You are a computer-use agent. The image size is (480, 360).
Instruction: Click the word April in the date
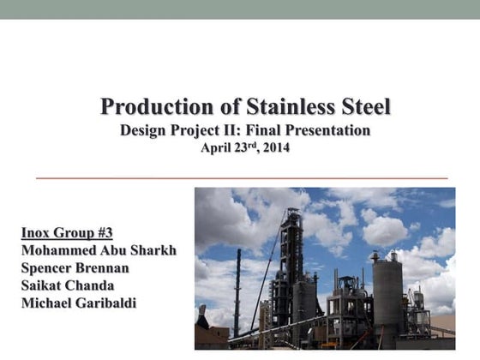click(x=217, y=147)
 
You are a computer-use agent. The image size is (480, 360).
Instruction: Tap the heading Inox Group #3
click(x=67, y=232)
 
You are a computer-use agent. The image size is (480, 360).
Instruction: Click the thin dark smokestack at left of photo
click(x=237, y=291)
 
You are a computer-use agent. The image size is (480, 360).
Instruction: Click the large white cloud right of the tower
click(x=386, y=230)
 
